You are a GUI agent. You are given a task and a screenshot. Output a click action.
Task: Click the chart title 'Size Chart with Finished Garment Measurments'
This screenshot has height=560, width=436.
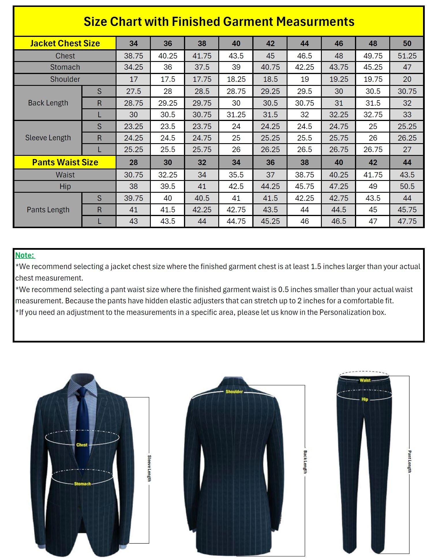[x=219, y=22]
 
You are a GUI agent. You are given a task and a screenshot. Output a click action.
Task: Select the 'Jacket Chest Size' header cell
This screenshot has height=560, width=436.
[x=65, y=43]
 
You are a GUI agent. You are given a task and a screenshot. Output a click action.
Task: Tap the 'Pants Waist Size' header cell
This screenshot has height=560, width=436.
[x=65, y=162]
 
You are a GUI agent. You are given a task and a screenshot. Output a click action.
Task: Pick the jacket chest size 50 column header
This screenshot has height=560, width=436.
[x=407, y=43]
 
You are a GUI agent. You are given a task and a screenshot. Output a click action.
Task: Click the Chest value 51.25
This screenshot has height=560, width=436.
[x=407, y=56]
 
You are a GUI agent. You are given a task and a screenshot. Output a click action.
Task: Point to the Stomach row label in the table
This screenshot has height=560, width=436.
[x=65, y=67]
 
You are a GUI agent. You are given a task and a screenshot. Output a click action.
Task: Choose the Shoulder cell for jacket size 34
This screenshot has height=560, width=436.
[x=134, y=79]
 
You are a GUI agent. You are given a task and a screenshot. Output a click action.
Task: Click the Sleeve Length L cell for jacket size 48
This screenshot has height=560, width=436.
[x=373, y=150]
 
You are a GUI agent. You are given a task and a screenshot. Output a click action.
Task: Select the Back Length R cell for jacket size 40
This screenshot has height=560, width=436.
[x=236, y=103]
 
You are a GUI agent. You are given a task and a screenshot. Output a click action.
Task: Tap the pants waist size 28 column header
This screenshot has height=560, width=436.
[x=134, y=162]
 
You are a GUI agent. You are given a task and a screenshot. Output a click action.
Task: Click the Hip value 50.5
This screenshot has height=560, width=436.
[x=407, y=186]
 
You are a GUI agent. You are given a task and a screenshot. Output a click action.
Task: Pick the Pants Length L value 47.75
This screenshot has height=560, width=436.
[x=407, y=221]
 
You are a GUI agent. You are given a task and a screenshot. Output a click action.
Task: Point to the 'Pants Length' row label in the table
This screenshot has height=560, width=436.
[x=48, y=210]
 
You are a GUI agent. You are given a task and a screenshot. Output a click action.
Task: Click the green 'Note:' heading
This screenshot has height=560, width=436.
[x=25, y=255]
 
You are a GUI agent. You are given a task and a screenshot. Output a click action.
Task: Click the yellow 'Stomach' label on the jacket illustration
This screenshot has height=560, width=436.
[x=82, y=484]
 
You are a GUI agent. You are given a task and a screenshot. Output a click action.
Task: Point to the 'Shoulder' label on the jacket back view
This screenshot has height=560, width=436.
[x=234, y=392]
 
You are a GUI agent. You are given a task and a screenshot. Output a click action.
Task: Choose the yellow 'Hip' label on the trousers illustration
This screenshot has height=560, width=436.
[x=365, y=399]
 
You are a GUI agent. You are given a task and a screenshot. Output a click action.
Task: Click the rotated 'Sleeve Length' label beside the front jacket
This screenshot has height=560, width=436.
[x=149, y=468]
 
